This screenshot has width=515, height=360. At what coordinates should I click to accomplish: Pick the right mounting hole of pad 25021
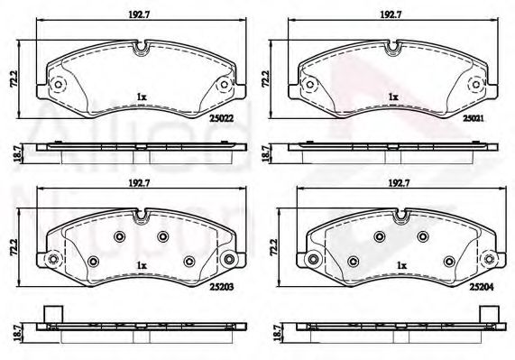pyautogui.click(x=474, y=86)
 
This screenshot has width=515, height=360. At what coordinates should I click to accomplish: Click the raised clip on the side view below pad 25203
pyautogui.click(x=52, y=316)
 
